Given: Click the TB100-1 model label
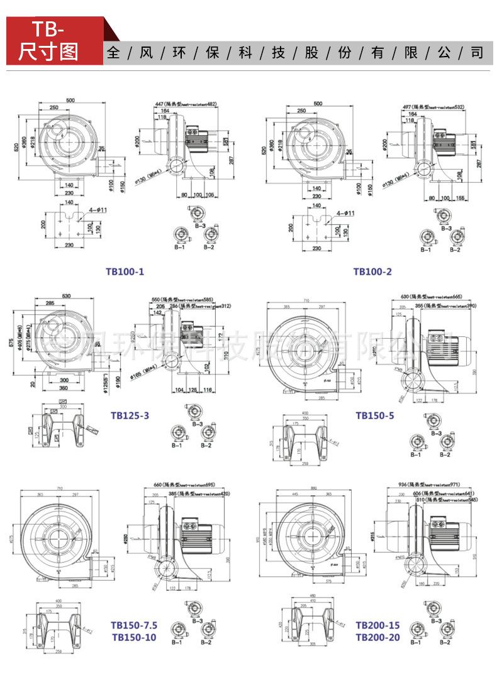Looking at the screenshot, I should coord(125,271).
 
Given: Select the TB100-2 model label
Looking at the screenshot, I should coord(372,271).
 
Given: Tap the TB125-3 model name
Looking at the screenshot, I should coord(130,415).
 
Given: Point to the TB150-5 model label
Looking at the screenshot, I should coord(375,415).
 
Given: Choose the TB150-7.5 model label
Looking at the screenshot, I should coord(134,625).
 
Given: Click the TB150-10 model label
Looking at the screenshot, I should coord(133,637).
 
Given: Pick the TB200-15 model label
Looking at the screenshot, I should coord(377,625).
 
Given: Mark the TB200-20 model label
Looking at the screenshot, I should coord(377,637).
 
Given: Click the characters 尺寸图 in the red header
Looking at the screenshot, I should coord(48,52).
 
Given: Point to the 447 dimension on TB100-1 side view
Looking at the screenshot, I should coord(160,104).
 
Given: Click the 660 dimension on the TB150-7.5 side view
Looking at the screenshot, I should coord(158,485).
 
